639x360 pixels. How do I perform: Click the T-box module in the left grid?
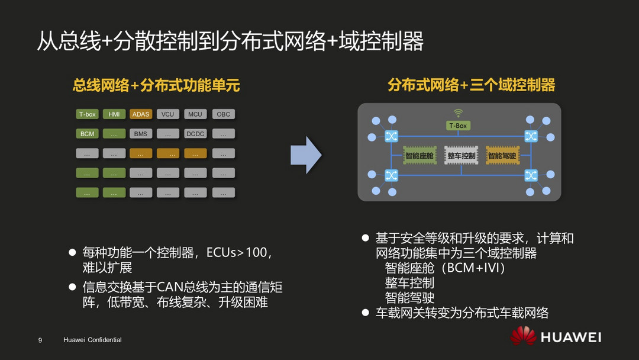pos(87,114)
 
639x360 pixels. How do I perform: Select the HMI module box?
pos(114,114)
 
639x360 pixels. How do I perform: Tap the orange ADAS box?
pos(141,114)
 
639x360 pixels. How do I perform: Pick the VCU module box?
pos(168,114)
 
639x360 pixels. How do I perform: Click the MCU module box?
pos(195,114)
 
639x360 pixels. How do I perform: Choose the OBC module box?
pos(223,114)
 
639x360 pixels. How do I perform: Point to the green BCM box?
pos(87,134)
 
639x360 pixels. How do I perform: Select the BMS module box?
pos(141,134)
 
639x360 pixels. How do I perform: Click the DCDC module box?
pos(195,134)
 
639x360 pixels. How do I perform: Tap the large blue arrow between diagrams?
pos(306,155)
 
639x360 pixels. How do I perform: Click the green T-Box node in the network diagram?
pos(458,126)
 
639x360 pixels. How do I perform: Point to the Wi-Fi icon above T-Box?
pos(458,113)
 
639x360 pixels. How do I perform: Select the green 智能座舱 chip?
pos(419,155)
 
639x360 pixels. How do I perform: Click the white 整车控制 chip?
pos(461,155)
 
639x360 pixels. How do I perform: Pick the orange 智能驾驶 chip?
pos(502,155)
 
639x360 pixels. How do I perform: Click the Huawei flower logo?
pos(523,336)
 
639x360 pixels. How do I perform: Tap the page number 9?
pos(40,340)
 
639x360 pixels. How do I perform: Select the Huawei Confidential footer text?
pos(92,340)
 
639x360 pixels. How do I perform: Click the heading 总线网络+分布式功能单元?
pos(156,86)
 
